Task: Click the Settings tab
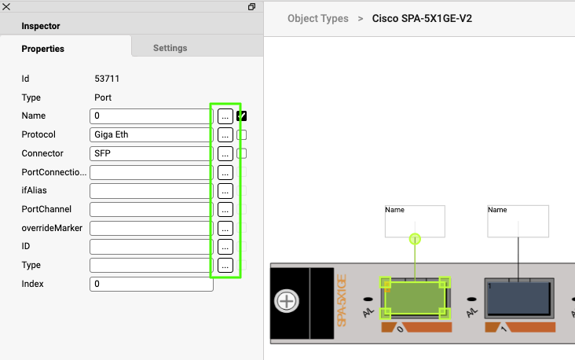click(170, 48)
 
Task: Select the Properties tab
click(42, 49)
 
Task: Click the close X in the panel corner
click(6, 6)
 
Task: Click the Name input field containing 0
click(151, 116)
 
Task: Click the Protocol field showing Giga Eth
click(151, 135)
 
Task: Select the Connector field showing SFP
click(151, 154)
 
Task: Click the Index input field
click(151, 284)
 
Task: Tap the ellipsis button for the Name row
click(225, 116)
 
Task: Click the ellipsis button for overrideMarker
click(225, 228)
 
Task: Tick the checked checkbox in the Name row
click(242, 116)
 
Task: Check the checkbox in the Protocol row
click(242, 135)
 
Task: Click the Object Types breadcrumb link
click(318, 18)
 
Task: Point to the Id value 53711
click(107, 79)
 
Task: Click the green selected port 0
click(415, 299)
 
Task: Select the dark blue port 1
click(518, 299)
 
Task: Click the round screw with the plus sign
click(287, 301)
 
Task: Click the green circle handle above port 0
click(415, 238)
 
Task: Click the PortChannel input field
click(151, 209)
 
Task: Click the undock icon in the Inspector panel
click(252, 6)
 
